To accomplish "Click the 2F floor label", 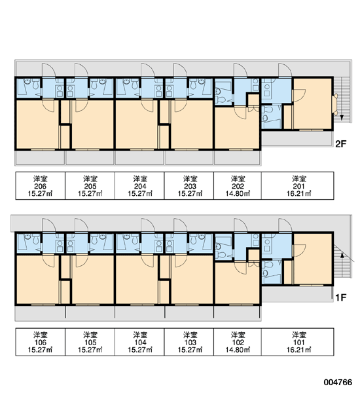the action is pyautogui.click(x=340, y=144).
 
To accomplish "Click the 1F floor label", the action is pyautogui.click(x=340, y=297).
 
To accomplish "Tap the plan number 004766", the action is pyautogui.click(x=338, y=383).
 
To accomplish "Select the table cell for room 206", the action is pyautogui.click(x=41, y=186).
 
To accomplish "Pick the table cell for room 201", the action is pyautogui.click(x=298, y=186).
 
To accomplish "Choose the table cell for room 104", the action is pyautogui.click(x=139, y=342).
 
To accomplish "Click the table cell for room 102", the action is pyautogui.click(x=238, y=342).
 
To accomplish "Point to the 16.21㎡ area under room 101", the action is pyautogui.click(x=298, y=350).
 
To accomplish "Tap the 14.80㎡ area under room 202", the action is pyautogui.click(x=238, y=193).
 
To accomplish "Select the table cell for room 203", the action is pyautogui.click(x=189, y=186).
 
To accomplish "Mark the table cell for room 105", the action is pyautogui.click(x=90, y=342).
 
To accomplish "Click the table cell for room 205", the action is pyautogui.click(x=90, y=186).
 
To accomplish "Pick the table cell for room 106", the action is pyautogui.click(x=41, y=342).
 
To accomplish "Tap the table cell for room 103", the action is pyautogui.click(x=189, y=342).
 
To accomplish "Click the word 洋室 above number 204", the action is pyautogui.click(x=140, y=179).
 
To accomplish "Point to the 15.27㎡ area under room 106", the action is pyautogui.click(x=40, y=350).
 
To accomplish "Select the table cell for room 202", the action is pyautogui.click(x=238, y=186).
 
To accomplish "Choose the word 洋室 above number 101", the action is pyautogui.click(x=299, y=335).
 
